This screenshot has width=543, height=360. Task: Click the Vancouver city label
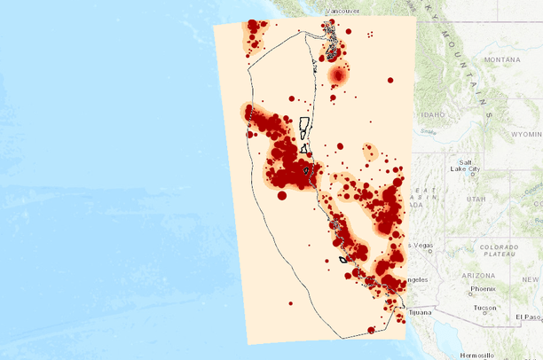342,10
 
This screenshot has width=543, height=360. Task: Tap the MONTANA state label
502,59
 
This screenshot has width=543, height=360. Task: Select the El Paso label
527,317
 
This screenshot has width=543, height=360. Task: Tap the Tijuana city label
421,312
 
